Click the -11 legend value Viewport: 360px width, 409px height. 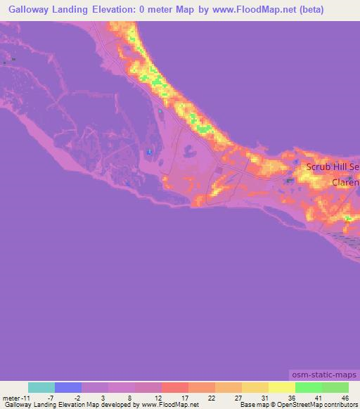pos(25,397)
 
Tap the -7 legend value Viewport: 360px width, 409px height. pos(51,397)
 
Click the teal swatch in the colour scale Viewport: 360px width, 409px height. pos(41,387)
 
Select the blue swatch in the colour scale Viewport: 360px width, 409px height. pos(68,387)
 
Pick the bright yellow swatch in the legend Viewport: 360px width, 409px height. pos(282,387)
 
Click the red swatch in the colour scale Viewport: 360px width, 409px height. pos(175,387)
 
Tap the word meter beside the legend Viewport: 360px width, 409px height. pos(10,397)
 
